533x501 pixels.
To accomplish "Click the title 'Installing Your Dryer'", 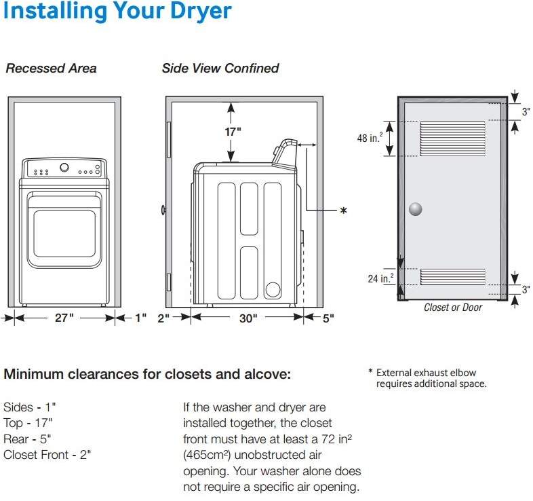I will pos(117,12).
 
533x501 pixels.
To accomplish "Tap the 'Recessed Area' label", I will pos(51,69).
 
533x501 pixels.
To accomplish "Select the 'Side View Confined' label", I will pos(220,69).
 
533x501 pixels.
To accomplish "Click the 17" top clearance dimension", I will pos(233,132).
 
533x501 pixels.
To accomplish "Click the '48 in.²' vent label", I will pos(370,138).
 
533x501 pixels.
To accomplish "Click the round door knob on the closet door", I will pos(415,209).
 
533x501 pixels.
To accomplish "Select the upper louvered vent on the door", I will pos(452,138).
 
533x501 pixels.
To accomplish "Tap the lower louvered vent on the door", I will pos(452,276).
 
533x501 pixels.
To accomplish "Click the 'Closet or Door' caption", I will pos(453,308).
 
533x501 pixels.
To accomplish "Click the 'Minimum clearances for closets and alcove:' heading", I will pos(147,374).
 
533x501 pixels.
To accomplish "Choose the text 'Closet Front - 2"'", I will pos(47,454).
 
